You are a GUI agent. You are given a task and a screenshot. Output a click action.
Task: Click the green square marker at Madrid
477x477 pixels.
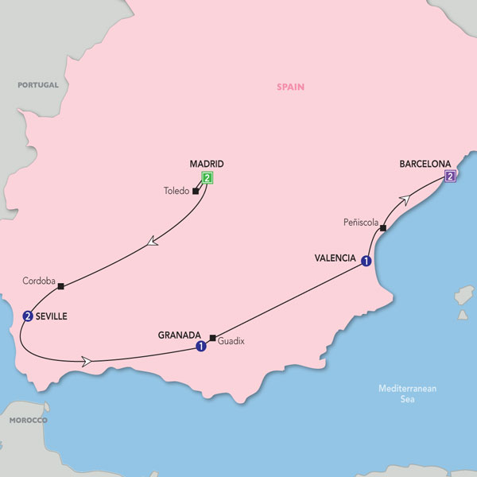[x=207, y=177]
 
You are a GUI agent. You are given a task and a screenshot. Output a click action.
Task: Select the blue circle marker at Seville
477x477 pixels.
[x=29, y=316]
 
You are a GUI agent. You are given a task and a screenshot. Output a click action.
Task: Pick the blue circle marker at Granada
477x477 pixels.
[x=201, y=346]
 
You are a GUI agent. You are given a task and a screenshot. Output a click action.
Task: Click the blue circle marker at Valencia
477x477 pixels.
[x=366, y=260]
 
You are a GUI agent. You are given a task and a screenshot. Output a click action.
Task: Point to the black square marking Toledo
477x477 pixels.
[x=196, y=191]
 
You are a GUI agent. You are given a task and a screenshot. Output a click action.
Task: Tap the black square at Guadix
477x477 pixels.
[x=212, y=336]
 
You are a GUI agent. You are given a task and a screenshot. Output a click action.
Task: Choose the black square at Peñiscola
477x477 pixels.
[x=382, y=229]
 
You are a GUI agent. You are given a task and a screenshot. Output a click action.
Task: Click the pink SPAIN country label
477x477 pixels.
[x=291, y=87]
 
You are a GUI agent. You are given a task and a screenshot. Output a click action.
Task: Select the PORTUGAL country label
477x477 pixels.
[x=39, y=84]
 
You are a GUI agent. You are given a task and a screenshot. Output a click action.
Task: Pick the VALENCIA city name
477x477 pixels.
[x=333, y=258]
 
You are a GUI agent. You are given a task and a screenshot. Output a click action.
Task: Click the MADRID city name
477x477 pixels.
[x=206, y=164]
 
